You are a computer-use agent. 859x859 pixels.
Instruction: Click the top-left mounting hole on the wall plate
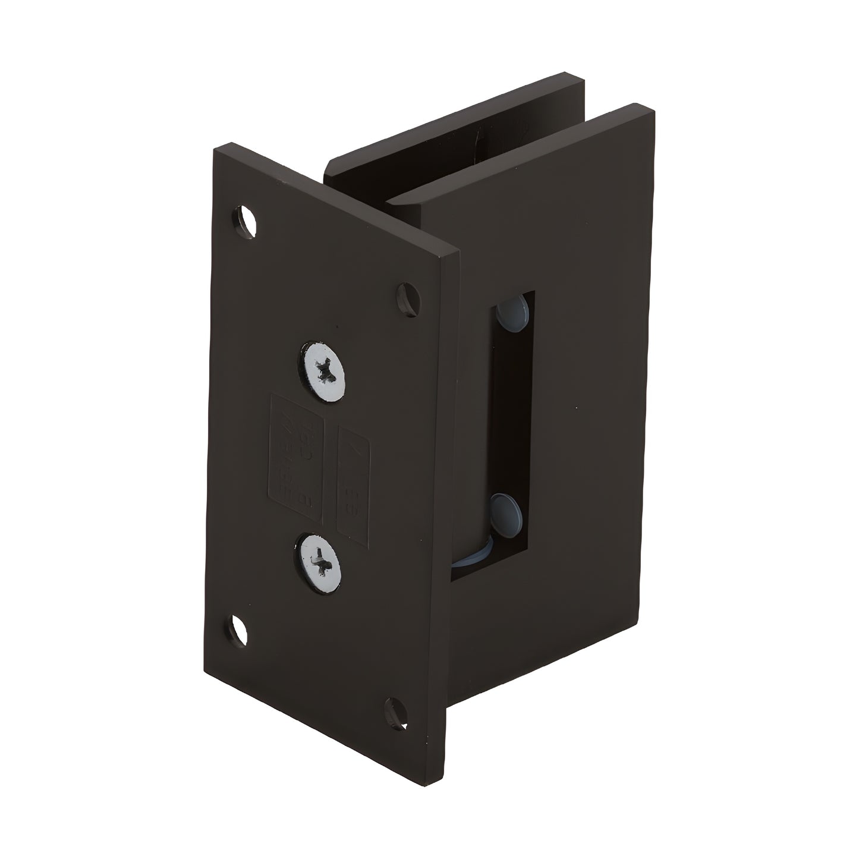(245, 221)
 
